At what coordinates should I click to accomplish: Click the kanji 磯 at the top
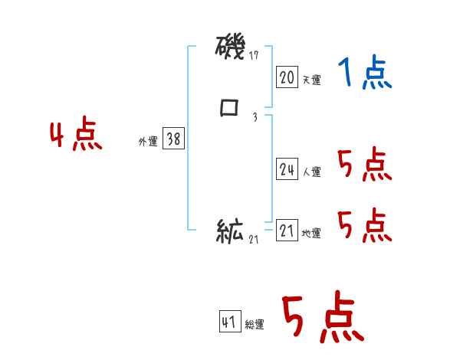(x=230, y=50)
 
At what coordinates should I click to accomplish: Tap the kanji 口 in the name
(x=229, y=108)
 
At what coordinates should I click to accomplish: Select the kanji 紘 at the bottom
(x=230, y=231)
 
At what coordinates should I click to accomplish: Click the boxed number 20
(x=287, y=77)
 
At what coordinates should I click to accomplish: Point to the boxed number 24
(x=287, y=170)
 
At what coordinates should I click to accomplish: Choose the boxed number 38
(x=173, y=139)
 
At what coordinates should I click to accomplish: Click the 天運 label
(x=311, y=80)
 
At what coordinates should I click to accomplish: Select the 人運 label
(x=311, y=172)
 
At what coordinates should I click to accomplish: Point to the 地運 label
(x=311, y=234)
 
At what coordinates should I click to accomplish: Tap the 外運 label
(x=147, y=142)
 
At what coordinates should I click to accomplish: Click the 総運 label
(x=255, y=325)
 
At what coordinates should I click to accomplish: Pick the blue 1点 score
(x=365, y=74)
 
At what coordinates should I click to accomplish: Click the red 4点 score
(x=76, y=136)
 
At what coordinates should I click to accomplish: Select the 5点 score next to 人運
(x=365, y=164)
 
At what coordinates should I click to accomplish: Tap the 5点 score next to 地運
(x=365, y=226)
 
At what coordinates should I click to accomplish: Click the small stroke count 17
(x=255, y=55)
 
